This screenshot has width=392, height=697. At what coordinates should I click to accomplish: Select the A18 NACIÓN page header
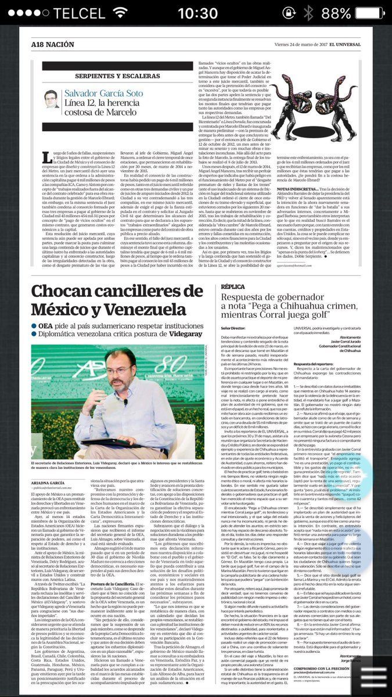pos(49,45)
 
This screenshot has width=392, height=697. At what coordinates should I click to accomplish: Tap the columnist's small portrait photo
pos(51,99)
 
